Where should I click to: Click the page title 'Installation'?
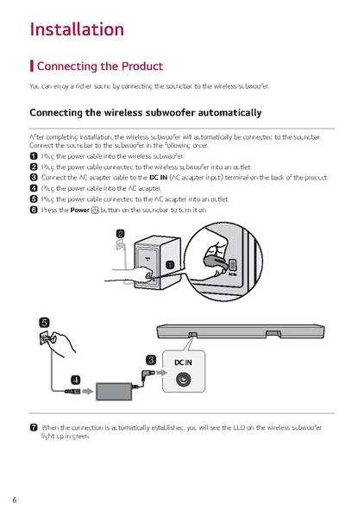click(77, 29)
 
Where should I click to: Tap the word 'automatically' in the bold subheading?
click(220, 113)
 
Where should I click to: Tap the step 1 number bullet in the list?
click(33, 156)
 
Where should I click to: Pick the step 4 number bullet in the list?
click(33, 187)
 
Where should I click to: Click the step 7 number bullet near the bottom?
click(33, 426)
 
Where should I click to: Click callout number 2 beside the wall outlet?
click(120, 233)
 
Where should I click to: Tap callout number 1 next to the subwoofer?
click(170, 264)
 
